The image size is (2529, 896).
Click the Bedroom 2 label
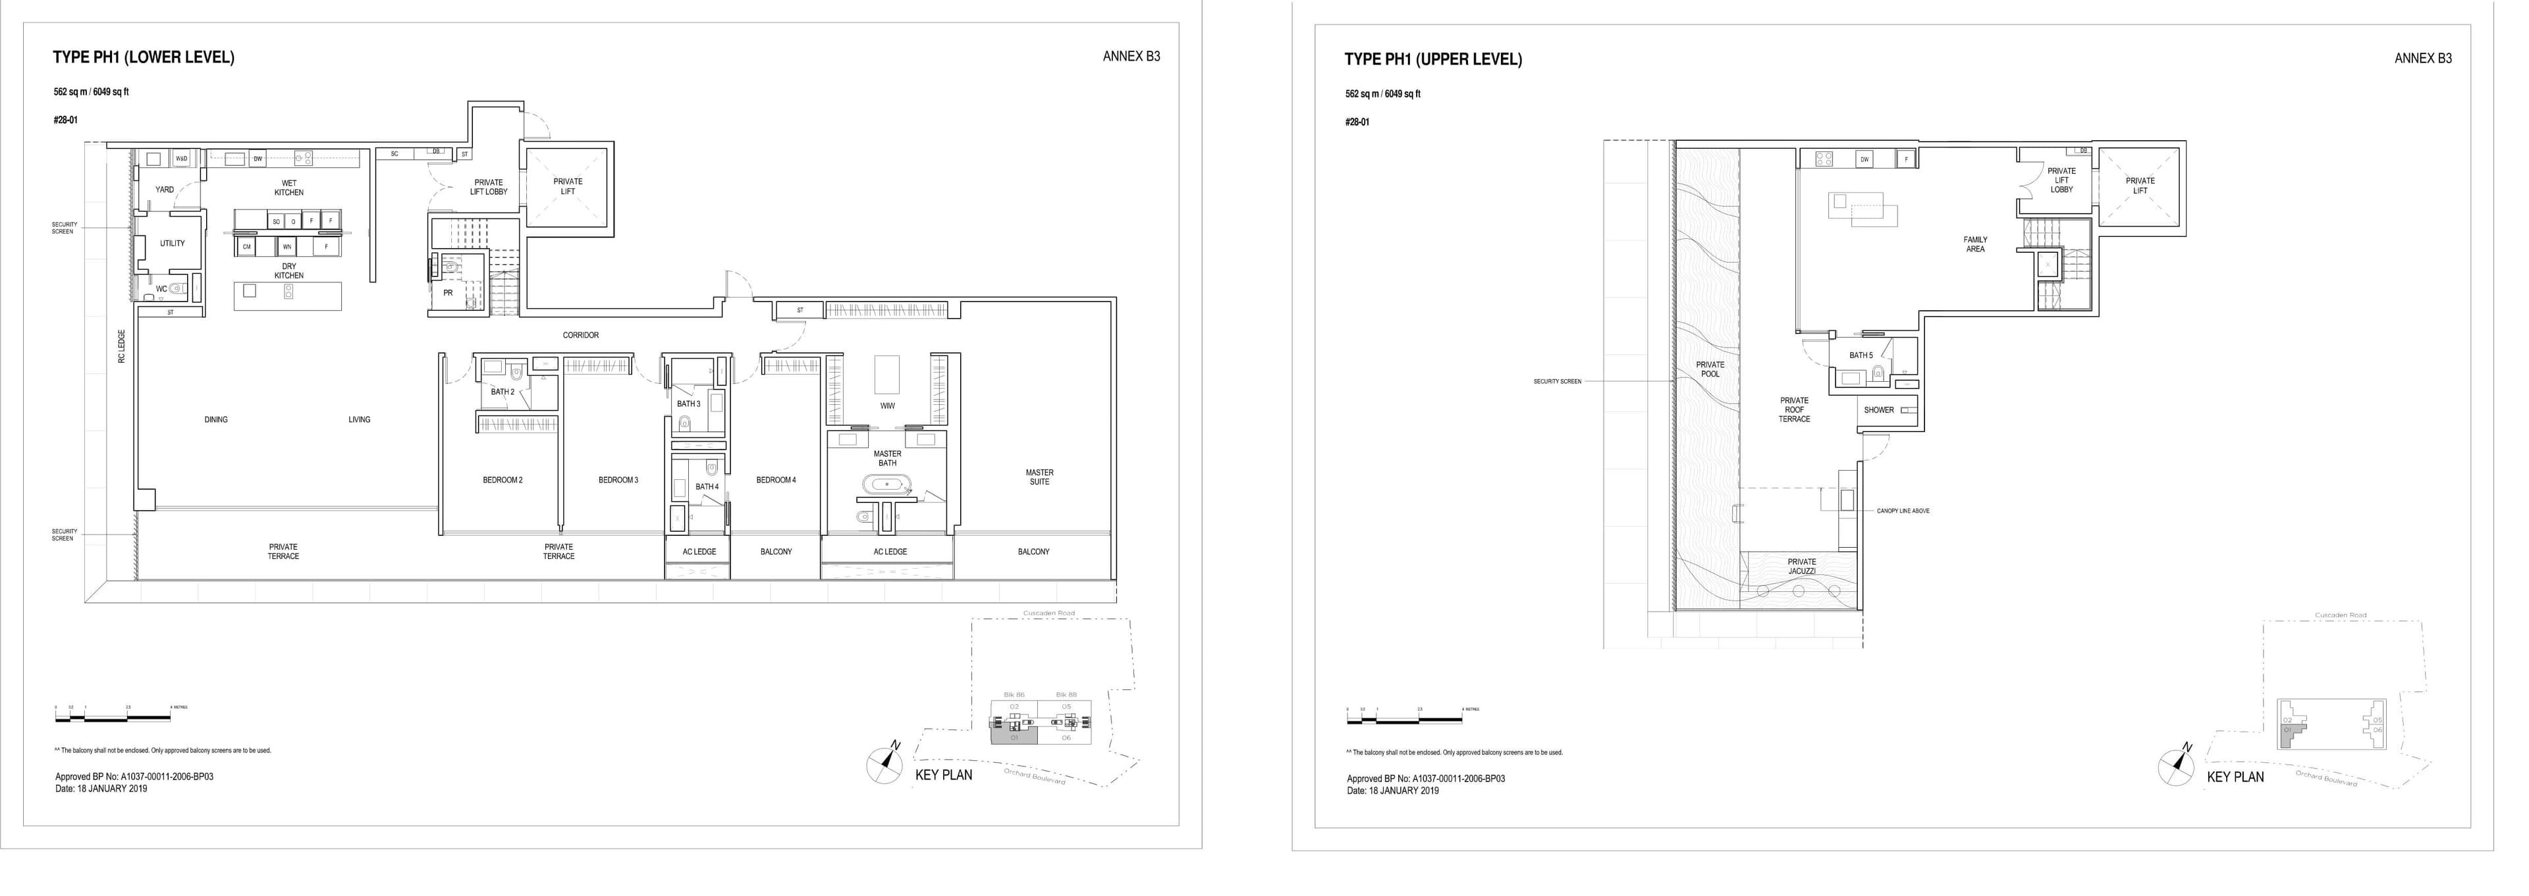pyautogui.click(x=502, y=480)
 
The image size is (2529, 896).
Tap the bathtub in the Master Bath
pyautogui.click(x=886, y=485)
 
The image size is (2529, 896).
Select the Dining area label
pyautogui.click(x=216, y=420)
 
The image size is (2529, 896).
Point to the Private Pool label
pyautogui.click(x=1709, y=369)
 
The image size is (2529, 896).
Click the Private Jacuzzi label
pyautogui.click(x=1801, y=566)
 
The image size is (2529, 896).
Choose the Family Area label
pyautogui.click(x=1974, y=244)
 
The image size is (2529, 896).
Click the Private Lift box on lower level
pyautogui.click(x=568, y=186)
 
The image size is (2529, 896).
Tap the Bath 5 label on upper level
pyautogui.click(x=1861, y=356)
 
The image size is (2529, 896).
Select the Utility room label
pyautogui.click(x=172, y=244)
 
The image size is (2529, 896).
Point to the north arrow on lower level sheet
pyautogui.click(x=884, y=764)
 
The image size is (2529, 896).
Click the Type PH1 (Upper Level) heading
pyautogui.click(x=1432, y=60)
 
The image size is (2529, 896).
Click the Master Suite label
pyautogui.click(x=1039, y=477)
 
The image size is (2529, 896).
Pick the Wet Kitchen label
pyautogui.click(x=288, y=188)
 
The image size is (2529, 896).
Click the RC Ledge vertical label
pyautogui.click(x=122, y=346)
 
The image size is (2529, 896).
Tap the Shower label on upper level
pyautogui.click(x=1878, y=410)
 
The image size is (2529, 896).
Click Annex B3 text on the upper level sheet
pyautogui.click(x=2422, y=59)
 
